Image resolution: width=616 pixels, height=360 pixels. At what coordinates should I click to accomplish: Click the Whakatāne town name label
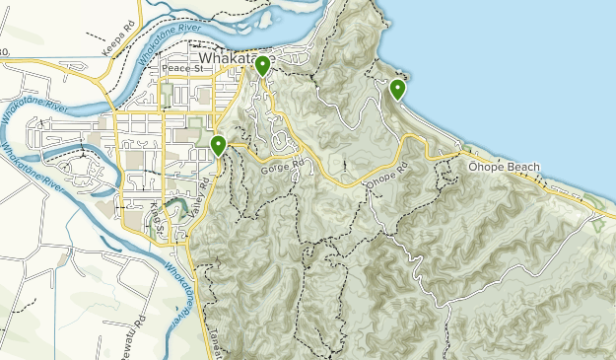click(x=227, y=59)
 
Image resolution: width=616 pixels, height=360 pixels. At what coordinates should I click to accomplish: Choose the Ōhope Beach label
click(x=505, y=167)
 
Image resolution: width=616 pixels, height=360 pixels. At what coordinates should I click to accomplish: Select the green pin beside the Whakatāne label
click(x=262, y=66)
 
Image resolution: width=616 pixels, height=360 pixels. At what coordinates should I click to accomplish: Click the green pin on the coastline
click(x=397, y=90)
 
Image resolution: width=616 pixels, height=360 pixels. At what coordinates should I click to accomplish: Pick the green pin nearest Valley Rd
click(x=218, y=146)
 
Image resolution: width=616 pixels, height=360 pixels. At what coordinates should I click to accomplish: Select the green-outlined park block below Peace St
click(x=168, y=95)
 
